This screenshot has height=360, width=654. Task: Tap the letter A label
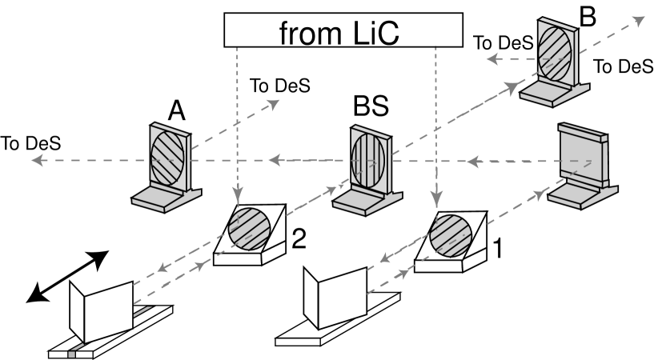[178, 114]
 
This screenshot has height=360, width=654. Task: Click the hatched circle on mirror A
[168, 156]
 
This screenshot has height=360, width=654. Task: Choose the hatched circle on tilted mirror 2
[251, 228]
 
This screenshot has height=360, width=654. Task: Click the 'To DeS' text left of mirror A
[31, 144]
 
